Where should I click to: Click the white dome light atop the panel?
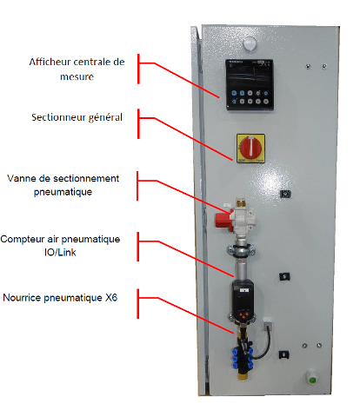click(250, 44)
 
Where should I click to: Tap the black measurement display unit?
click(250, 84)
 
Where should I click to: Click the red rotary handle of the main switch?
click(250, 148)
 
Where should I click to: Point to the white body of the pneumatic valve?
click(243, 220)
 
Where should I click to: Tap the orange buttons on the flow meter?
click(243, 314)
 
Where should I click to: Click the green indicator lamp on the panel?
click(312, 380)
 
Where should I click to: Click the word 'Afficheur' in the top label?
click(50, 62)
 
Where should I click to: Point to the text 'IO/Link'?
click(60, 252)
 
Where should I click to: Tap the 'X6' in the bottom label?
click(111, 298)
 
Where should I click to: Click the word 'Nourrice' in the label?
click(22, 298)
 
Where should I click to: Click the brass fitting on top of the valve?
click(240, 202)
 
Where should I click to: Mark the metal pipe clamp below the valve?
click(241, 250)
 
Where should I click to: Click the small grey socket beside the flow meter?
click(267, 323)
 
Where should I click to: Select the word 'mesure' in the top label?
click(77, 77)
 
